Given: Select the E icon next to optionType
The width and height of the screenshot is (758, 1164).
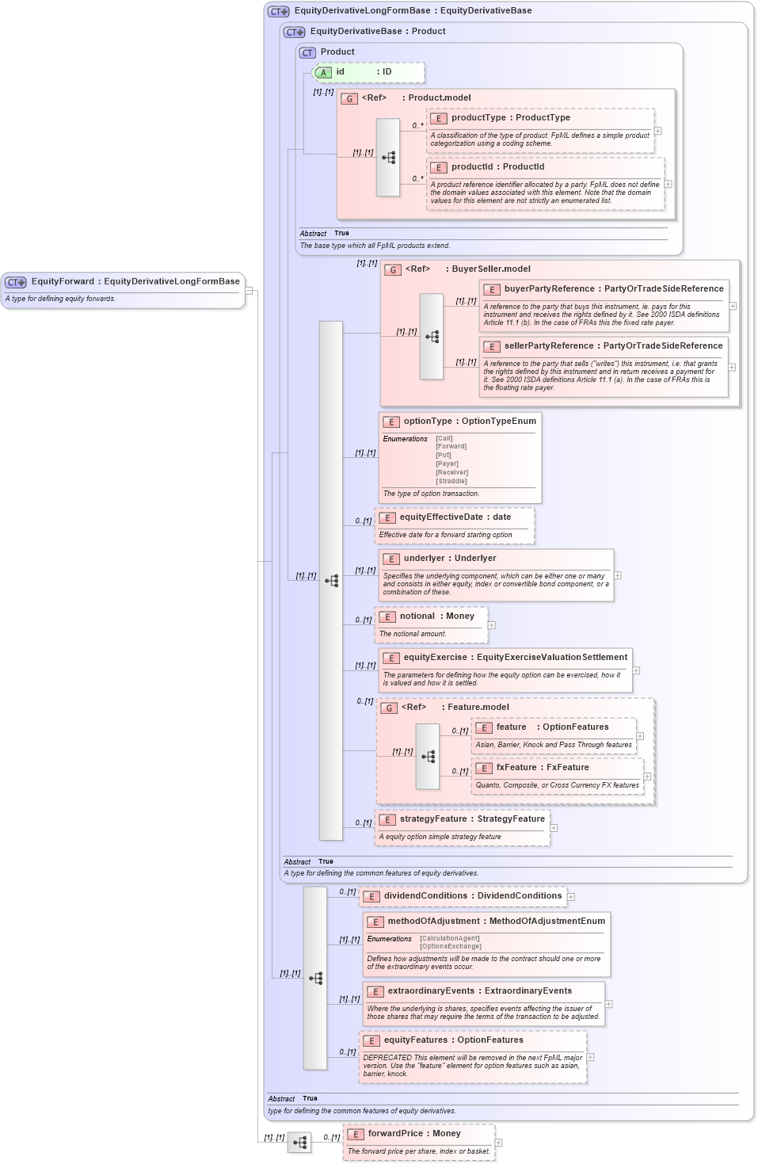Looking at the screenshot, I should pos(391,422).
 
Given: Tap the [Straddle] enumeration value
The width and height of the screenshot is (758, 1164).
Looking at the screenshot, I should pos(451,481).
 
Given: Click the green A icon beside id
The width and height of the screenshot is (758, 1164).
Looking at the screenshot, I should pos(323,72).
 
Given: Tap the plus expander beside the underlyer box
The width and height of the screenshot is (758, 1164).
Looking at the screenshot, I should pos(618,576).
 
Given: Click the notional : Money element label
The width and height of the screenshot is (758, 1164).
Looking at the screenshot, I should pos(436,616).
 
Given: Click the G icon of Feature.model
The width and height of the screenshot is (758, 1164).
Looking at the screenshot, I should pos(389,708).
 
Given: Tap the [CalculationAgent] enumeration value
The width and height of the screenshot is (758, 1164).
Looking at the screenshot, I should pos(450,938).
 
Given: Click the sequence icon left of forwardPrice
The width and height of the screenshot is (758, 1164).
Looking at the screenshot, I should pos(299,1143).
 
